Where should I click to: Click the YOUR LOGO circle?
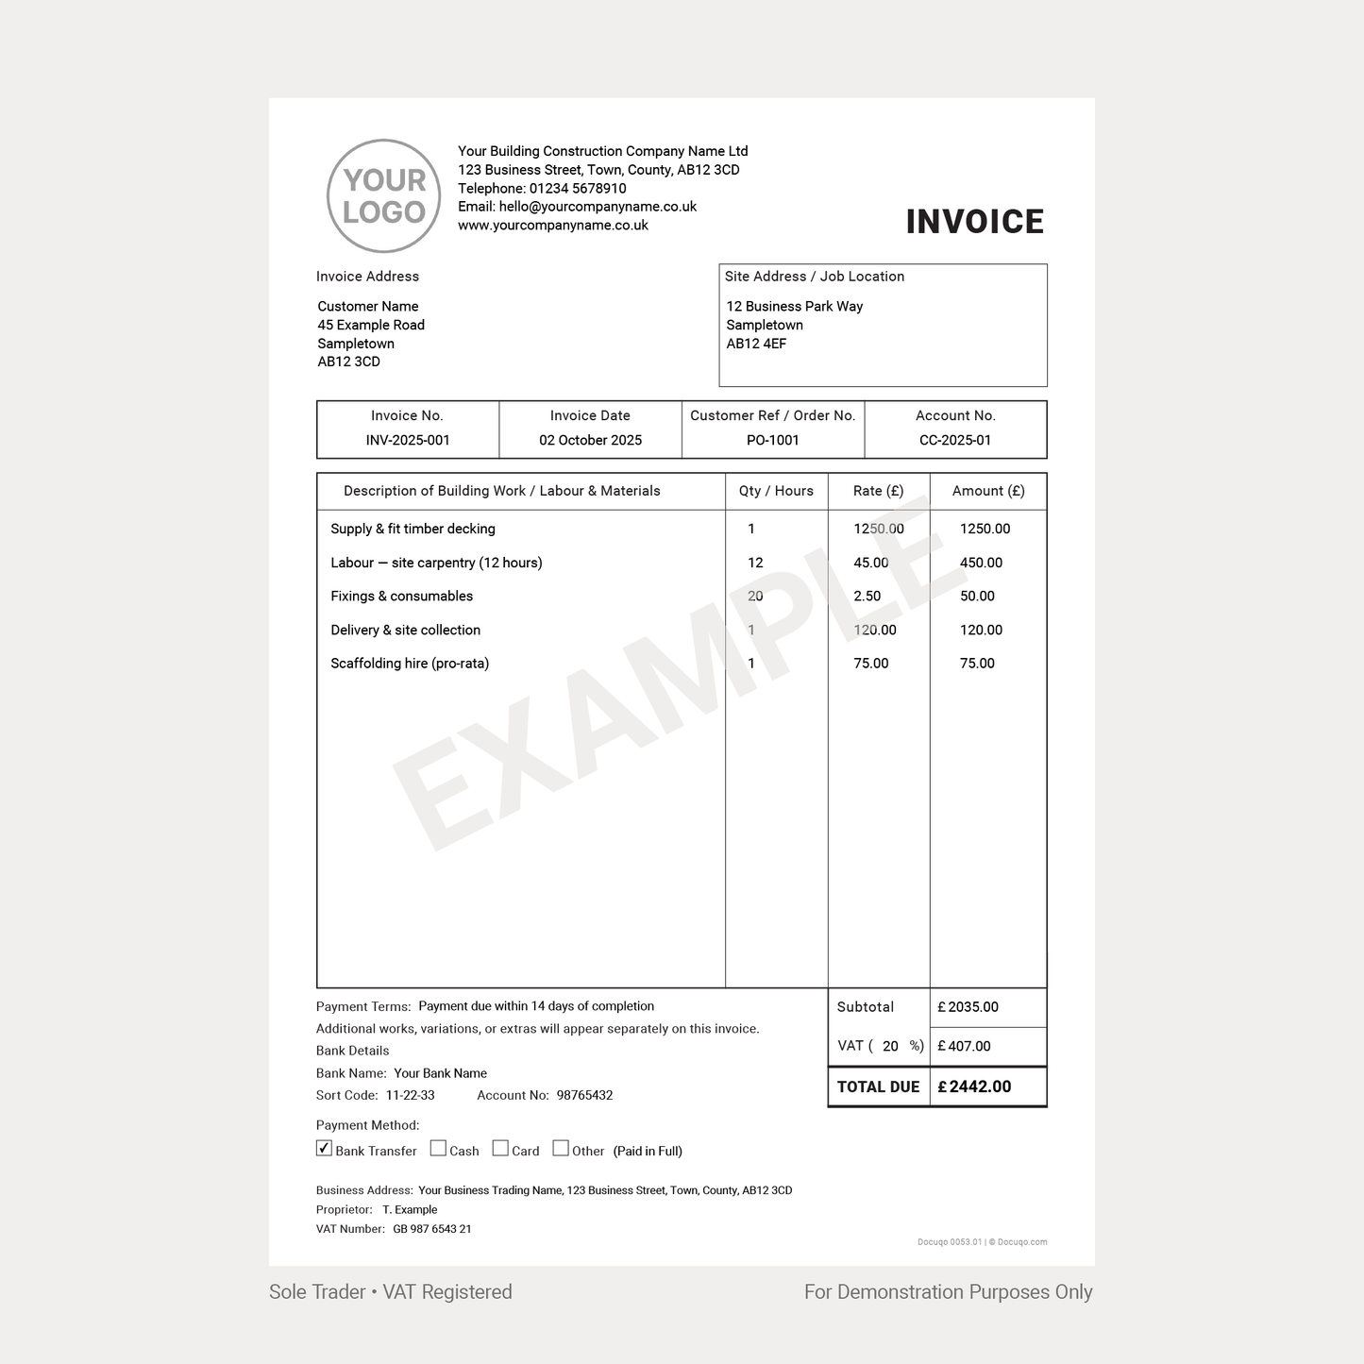coord(383,196)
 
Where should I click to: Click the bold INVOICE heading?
coord(974,222)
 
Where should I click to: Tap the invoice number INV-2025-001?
coord(408,440)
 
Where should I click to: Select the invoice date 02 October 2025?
coord(590,440)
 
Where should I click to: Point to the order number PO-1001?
coord(772,440)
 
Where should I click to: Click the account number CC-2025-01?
coord(955,440)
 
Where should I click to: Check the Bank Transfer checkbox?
coord(325,1149)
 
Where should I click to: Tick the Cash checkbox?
coord(438,1149)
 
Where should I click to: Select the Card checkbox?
coord(500,1149)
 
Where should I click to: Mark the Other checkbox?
coord(561,1149)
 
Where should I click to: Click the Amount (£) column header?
coord(988,491)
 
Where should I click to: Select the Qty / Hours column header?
coord(776,491)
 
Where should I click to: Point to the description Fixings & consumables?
coord(401,596)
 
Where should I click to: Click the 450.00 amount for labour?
coord(981,563)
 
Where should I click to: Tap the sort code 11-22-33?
coord(411,1095)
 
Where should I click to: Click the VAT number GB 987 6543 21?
coord(432,1229)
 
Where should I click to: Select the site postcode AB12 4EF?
coord(756,344)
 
